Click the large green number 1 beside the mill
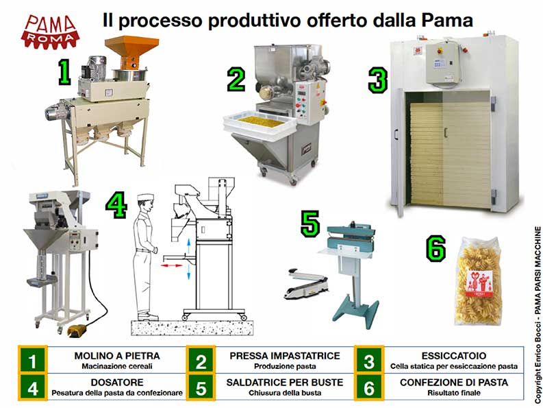pyautogui.click(x=63, y=72)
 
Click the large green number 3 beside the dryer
pyautogui.click(x=377, y=80)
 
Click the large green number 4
pyautogui.click(x=117, y=204)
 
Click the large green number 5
pyautogui.click(x=310, y=224)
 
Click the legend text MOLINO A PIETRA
pyautogui.click(x=116, y=356)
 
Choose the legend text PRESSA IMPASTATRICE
pyautogui.click(x=285, y=356)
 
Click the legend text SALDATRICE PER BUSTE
pyautogui.click(x=285, y=382)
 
